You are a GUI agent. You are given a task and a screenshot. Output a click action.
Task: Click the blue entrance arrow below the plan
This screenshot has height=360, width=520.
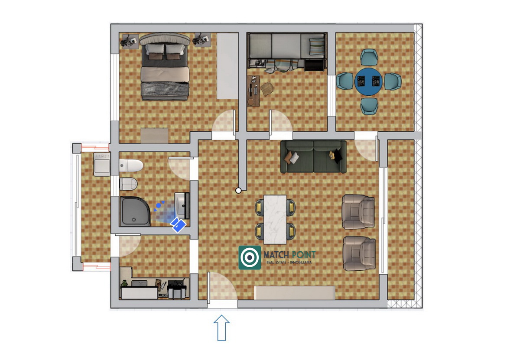pos(221,328)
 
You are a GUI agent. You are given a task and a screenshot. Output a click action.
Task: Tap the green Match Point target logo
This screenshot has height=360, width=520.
pos(250,257)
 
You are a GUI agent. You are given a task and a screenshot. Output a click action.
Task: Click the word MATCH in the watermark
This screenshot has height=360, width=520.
pos(276,255)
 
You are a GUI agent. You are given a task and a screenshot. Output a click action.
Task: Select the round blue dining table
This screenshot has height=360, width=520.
pos(368,81)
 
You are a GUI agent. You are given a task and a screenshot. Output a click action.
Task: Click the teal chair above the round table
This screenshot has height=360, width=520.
pos(369,57)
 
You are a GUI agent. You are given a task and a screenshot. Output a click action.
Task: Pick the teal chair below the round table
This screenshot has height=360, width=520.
pos(369,106)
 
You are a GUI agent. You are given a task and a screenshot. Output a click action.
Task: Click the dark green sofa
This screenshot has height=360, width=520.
pos(313,157)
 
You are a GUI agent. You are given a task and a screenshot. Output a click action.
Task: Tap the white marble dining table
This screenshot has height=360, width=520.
pos(275,220)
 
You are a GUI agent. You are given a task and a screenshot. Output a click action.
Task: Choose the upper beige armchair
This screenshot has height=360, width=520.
pos(358,211)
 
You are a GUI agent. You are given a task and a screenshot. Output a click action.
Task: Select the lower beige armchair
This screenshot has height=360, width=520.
pos(359,253)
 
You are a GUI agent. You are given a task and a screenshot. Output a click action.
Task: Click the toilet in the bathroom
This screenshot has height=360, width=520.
pos(131,165)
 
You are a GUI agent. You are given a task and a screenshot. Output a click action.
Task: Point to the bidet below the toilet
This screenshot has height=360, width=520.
pos(128,184)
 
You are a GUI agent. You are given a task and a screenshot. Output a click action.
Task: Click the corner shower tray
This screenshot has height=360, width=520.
pos(135,211)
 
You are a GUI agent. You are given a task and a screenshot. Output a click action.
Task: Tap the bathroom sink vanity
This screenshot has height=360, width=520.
pos(182,206)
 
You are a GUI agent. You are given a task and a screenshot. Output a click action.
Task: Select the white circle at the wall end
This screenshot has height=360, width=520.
pos(238,190)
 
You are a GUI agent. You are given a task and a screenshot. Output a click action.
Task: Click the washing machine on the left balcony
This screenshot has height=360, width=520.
pos(102,164)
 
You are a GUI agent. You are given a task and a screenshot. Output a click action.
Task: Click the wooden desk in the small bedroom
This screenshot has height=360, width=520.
pos(253,91)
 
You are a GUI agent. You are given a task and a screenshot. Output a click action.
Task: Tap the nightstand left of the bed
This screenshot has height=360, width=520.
pos(130,41)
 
